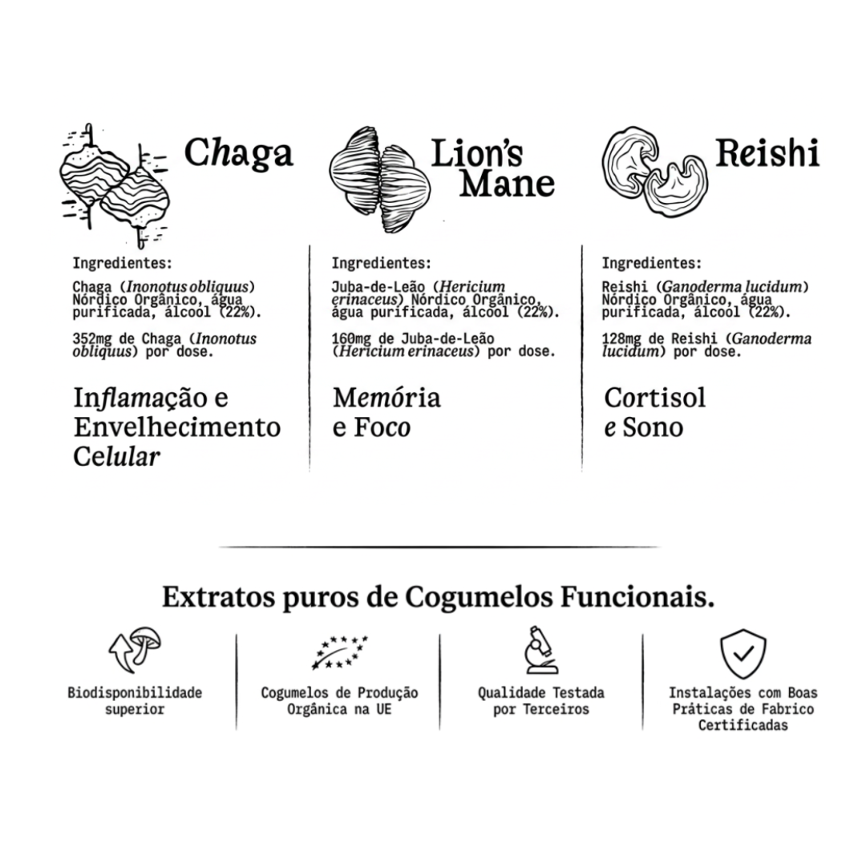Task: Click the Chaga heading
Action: (x=239, y=153)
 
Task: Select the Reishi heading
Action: (x=767, y=152)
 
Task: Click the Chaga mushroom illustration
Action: (x=115, y=185)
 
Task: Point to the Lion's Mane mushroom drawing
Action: (x=379, y=180)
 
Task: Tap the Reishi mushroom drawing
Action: (x=654, y=172)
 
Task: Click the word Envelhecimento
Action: (x=177, y=427)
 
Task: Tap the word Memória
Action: (x=386, y=398)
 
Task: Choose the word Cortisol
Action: (x=655, y=398)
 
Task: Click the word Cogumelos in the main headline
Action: (x=479, y=598)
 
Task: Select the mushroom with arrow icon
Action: (x=135, y=649)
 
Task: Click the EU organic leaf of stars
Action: (x=338, y=652)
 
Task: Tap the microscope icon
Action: (x=540, y=649)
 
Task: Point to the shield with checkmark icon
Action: (x=743, y=654)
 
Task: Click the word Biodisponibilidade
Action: (x=135, y=693)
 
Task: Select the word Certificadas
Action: (x=743, y=725)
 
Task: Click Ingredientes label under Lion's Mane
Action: (x=381, y=263)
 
